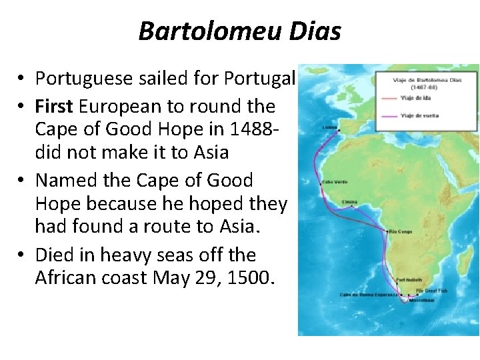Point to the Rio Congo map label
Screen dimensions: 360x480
401,231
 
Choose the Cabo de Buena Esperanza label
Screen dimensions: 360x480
367,294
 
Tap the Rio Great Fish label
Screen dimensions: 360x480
429,291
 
